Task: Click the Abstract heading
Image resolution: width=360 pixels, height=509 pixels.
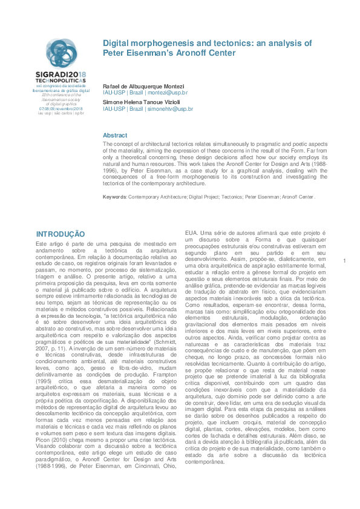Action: tap(115, 135)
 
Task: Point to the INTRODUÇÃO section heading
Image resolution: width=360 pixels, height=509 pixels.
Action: tap(61, 234)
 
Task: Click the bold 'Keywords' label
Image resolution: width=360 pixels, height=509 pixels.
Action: tap(114, 197)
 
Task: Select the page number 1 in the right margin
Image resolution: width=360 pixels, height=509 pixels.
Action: tap(343, 260)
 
